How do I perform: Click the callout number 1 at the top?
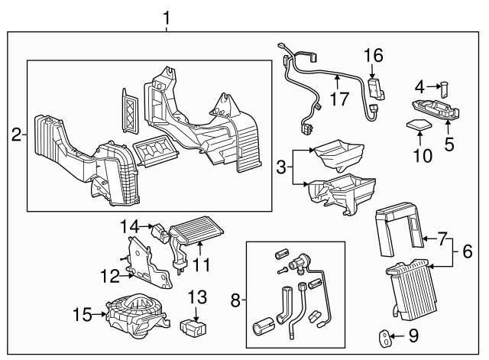167,15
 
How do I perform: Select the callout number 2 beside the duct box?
16,135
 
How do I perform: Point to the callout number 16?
374,55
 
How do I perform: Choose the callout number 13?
197,297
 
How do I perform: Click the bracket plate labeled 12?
147,260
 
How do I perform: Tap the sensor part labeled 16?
375,87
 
